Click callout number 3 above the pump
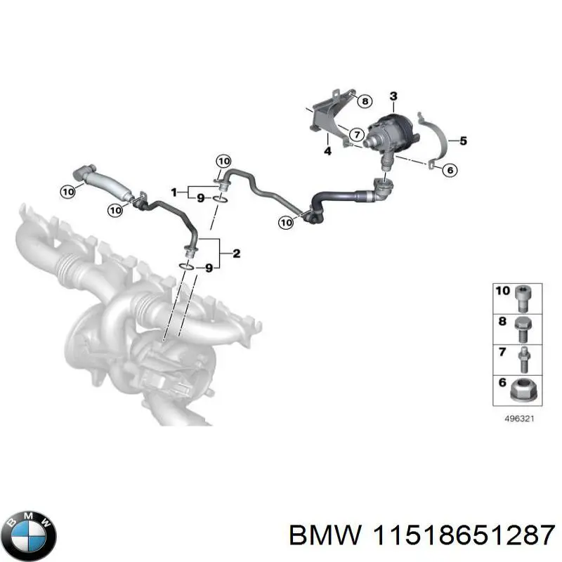(393, 96)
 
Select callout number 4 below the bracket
(327, 150)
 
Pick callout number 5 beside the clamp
(463, 140)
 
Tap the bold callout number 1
(175, 191)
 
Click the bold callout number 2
(236, 254)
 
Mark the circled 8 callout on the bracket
(364, 102)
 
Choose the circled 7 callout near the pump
(357, 133)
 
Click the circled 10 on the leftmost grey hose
(68, 190)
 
